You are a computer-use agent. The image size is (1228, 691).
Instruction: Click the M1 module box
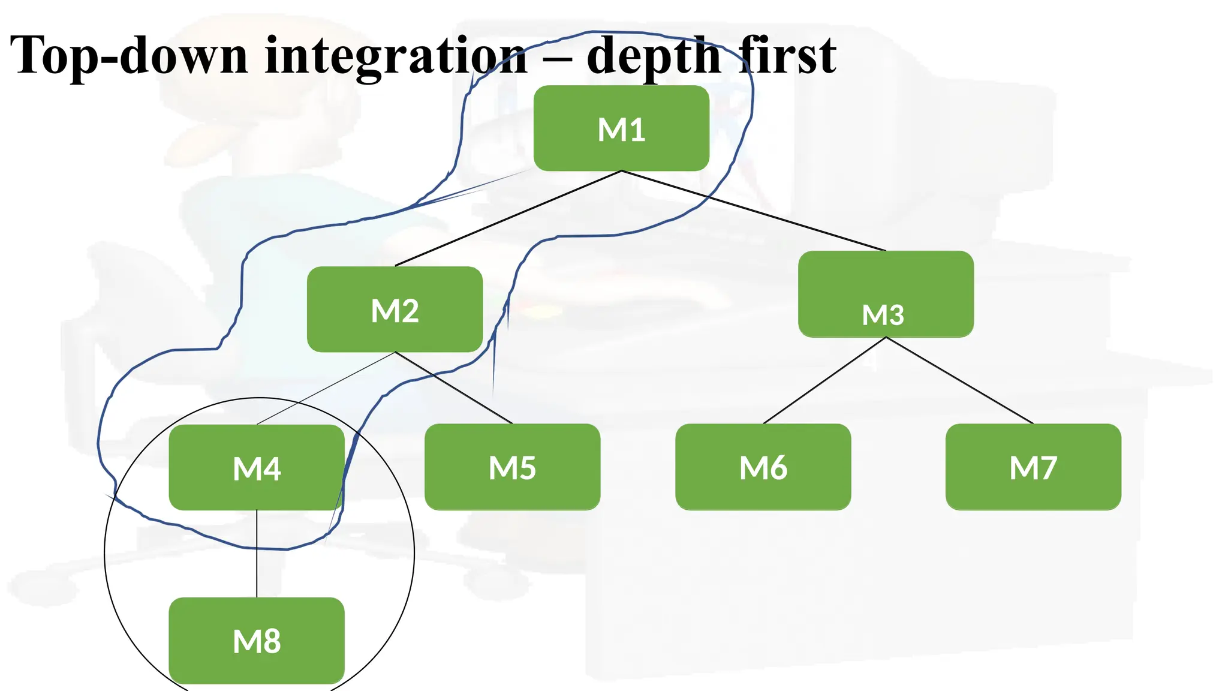(x=621, y=128)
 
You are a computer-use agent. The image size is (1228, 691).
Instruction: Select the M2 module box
(x=395, y=310)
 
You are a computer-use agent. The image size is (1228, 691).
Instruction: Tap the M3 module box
(x=886, y=294)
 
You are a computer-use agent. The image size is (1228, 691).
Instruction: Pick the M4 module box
(x=257, y=467)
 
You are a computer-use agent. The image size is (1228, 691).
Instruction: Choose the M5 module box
(x=512, y=467)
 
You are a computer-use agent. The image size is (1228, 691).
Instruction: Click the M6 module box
(x=763, y=467)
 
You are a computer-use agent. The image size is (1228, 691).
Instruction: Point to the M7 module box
(x=1033, y=467)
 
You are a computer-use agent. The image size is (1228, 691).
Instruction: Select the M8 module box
(x=257, y=640)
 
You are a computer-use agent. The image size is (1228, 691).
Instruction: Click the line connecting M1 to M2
(x=508, y=218)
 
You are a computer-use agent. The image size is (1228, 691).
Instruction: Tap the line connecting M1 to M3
(x=754, y=211)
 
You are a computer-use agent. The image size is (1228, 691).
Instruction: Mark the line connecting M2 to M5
(x=454, y=387)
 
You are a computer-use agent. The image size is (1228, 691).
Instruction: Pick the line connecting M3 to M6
(x=824, y=380)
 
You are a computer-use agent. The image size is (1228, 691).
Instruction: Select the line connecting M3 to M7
(x=959, y=380)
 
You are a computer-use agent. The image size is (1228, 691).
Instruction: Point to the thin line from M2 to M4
(x=326, y=388)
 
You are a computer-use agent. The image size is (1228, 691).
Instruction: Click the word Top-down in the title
(x=128, y=55)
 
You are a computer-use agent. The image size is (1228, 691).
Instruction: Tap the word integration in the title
(x=396, y=55)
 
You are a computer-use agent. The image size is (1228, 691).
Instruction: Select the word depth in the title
(x=654, y=55)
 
